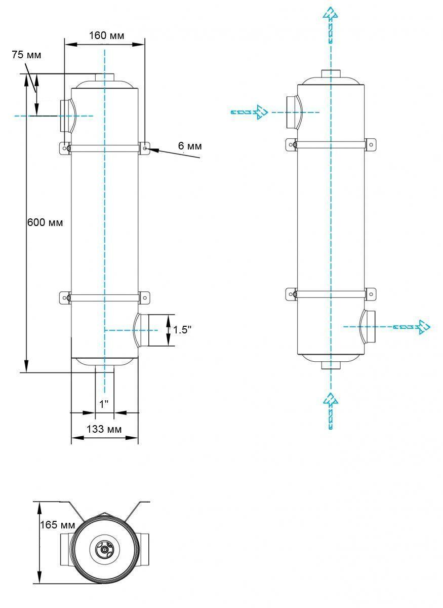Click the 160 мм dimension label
coord(107,35)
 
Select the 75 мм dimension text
coord(26,55)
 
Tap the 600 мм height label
coord(45,222)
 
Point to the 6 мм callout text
coord(190,146)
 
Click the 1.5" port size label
coord(182,330)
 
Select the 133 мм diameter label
coord(104,429)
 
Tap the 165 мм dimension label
coord(58,525)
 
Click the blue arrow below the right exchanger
coord(331,411)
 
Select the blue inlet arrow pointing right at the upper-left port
coord(249,112)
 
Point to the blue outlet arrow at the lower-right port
coord(412,327)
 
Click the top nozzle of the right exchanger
coord(331,73)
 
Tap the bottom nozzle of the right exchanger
coord(331,365)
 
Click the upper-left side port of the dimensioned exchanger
coord(67,116)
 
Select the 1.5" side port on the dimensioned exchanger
coord(142,330)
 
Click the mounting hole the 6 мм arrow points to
coord(146,148)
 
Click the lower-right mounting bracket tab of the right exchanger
coord(371,294)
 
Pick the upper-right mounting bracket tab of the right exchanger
coord(371,145)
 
